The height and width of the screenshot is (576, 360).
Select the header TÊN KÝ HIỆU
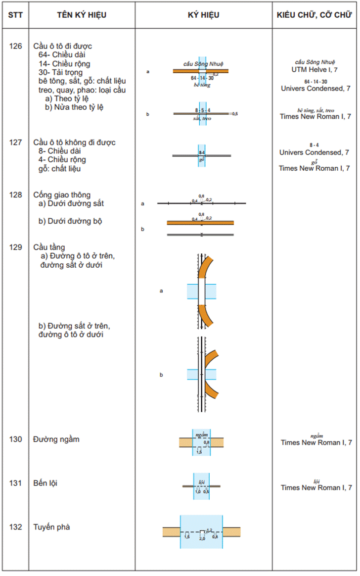(82, 15)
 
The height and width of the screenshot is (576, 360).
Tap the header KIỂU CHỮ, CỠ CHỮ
(315, 15)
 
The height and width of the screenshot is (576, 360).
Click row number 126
(15, 47)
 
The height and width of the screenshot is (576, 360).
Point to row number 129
(15, 247)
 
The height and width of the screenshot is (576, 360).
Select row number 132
(15, 527)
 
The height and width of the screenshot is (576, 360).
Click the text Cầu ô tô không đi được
(74, 143)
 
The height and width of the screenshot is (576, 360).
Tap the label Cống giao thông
(62, 195)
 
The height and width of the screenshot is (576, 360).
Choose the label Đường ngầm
(56, 439)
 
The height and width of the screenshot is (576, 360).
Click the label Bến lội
(45, 483)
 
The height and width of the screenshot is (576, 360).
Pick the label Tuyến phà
(51, 527)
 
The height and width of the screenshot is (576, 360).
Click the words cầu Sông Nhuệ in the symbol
(203, 64)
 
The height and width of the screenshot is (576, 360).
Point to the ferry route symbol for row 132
(201, 531)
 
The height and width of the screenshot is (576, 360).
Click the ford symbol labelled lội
(201, 486)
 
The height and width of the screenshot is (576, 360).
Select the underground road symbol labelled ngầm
(201, 441)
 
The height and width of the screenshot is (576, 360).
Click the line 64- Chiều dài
(65, 55)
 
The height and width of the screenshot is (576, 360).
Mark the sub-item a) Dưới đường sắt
(71, 203)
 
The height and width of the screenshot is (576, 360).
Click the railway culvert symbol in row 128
(201, 203)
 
